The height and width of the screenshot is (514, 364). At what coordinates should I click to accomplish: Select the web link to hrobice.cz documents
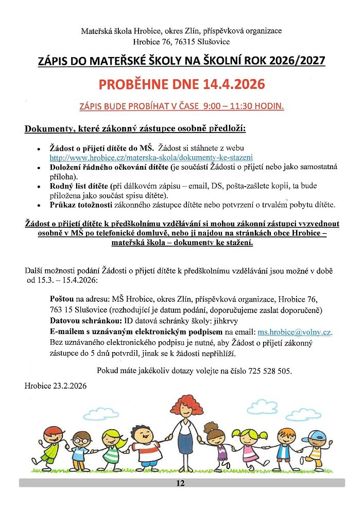coord(151,157)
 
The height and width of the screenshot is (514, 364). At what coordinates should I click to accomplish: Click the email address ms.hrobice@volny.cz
coord(294,332)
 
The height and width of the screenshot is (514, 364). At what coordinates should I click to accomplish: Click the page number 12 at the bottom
coord(180,483)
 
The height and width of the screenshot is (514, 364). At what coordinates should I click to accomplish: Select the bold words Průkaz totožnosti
coord(78,205)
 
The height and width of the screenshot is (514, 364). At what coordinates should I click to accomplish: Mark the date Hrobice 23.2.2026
coord(56,385)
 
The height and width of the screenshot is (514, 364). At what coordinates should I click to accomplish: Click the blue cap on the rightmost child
coord(310,437)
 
